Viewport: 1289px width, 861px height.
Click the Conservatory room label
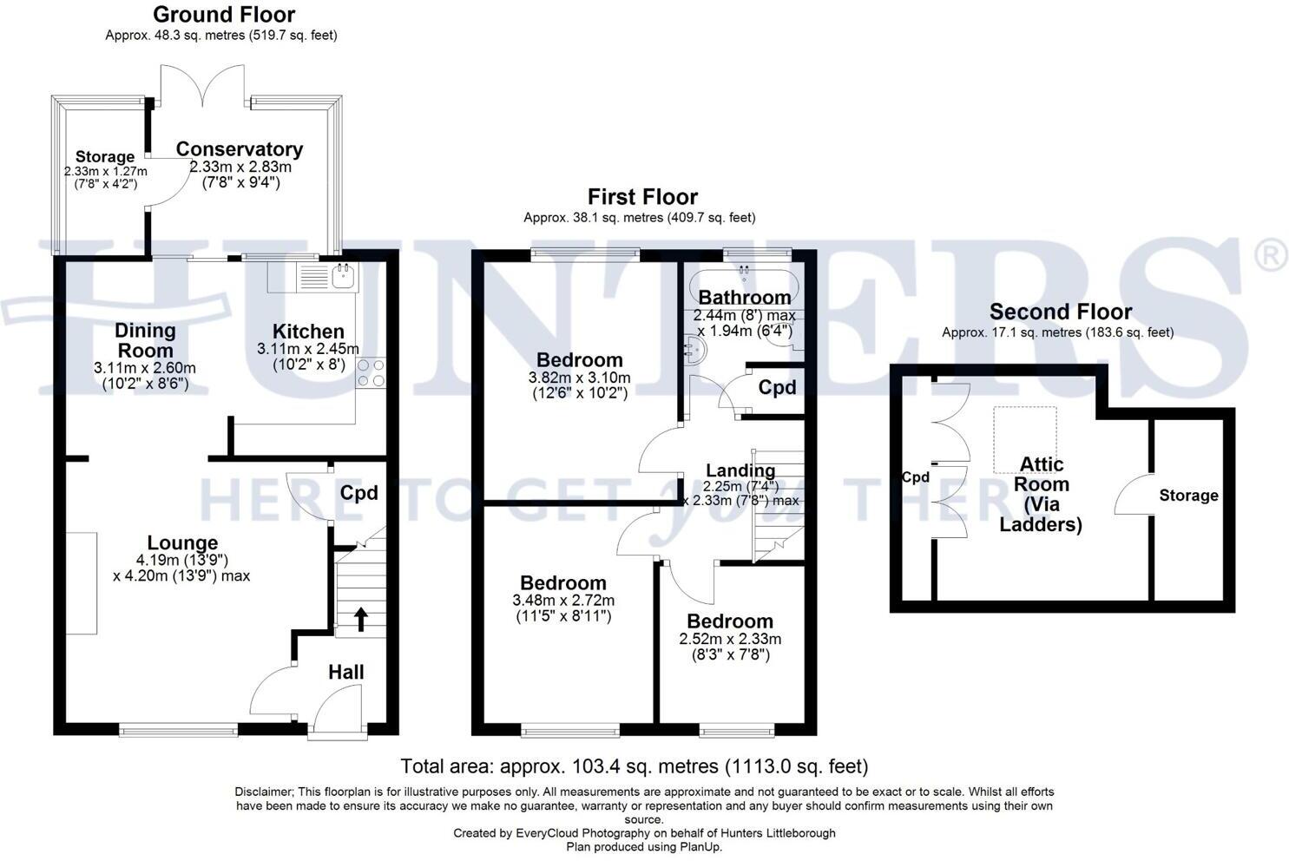(240, 149)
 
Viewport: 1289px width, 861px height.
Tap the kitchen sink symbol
(342, 276)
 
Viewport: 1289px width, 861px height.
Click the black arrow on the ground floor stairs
(360, 619)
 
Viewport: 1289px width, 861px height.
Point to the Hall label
(345, 672)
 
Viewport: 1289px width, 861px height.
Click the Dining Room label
(145, 340)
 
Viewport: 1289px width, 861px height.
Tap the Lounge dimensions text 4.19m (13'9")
(182, 560)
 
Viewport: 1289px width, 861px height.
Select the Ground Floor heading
(224, 15)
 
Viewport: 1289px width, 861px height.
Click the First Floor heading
(642, 197)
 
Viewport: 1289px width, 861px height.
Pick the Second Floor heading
(1060, 312)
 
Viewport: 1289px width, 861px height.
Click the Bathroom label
(745, 298)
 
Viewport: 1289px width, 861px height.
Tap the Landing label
(740, 470)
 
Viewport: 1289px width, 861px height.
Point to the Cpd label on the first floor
(777, 387)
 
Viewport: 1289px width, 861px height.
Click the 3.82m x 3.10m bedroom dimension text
(579, 378)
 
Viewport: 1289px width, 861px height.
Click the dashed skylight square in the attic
(1025, 439)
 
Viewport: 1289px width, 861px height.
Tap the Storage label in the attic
(1188, 496)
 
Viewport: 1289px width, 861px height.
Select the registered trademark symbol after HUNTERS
(1272, 256)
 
